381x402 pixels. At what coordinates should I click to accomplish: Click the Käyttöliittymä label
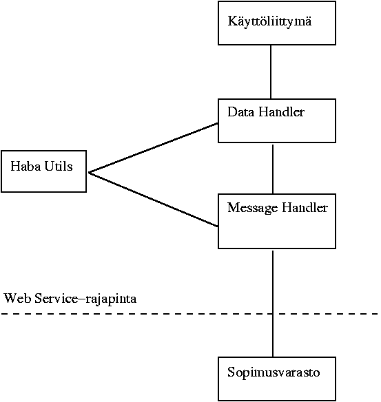point(269,21)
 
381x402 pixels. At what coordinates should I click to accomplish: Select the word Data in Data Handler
point(240,112)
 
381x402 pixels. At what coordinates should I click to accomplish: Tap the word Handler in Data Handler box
point(282,112)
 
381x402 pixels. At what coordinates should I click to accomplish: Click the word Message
point(253,208)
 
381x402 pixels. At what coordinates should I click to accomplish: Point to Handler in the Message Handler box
point(305,207)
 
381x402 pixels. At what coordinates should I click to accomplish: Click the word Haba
point(25,166)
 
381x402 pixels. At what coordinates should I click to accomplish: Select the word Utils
point(59,166)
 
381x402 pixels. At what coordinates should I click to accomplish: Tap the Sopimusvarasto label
point(274,372)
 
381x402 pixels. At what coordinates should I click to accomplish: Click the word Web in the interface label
point(17,299)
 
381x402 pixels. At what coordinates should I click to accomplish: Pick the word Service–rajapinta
point(85,299)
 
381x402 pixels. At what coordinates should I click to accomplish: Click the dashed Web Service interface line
point(190,314)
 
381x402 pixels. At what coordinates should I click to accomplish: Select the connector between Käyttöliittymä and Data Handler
point(271,72)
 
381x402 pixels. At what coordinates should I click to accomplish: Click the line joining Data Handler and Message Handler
point(273,169)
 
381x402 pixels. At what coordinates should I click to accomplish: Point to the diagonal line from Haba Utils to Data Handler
point(153,148)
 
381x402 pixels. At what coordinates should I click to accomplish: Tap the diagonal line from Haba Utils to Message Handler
point(153,200)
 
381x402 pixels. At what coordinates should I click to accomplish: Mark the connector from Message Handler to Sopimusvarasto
point(273,304)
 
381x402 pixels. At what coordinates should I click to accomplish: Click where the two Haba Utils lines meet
point(89,173)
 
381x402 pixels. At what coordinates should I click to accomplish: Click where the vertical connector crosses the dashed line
point(273,314)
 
